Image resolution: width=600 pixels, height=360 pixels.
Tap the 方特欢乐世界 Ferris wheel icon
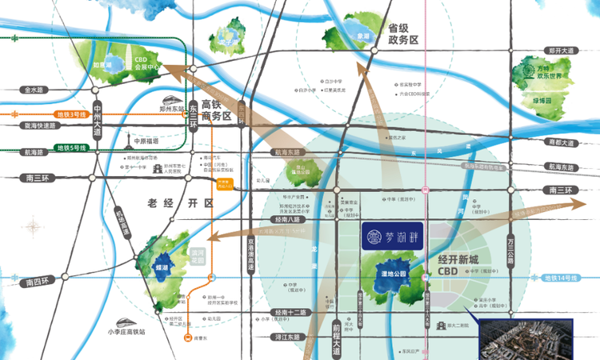(528, 70)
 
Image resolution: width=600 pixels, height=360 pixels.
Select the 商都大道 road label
(562, 142)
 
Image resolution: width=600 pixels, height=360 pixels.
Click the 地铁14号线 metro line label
(559, 278)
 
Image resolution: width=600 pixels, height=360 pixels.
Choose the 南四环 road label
(37, 282)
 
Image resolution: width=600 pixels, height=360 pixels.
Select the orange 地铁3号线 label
(70, 115)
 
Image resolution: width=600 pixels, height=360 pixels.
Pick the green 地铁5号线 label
(70, 148)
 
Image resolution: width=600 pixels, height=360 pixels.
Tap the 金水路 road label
(36, 90)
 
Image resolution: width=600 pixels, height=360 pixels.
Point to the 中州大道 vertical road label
(97, 121)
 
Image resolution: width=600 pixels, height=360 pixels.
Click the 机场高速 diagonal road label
(120, 220)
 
